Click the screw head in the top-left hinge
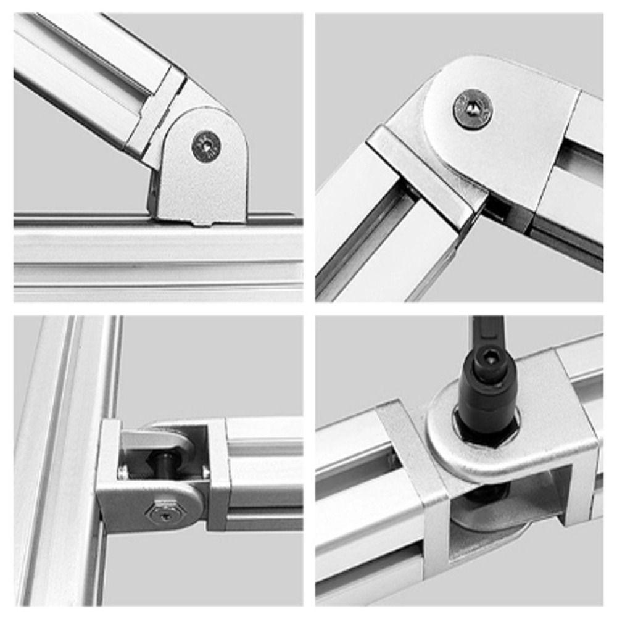[206, 146]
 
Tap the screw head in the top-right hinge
[473, 109]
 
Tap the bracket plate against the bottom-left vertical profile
[108, 475]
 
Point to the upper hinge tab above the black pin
[164, 439]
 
